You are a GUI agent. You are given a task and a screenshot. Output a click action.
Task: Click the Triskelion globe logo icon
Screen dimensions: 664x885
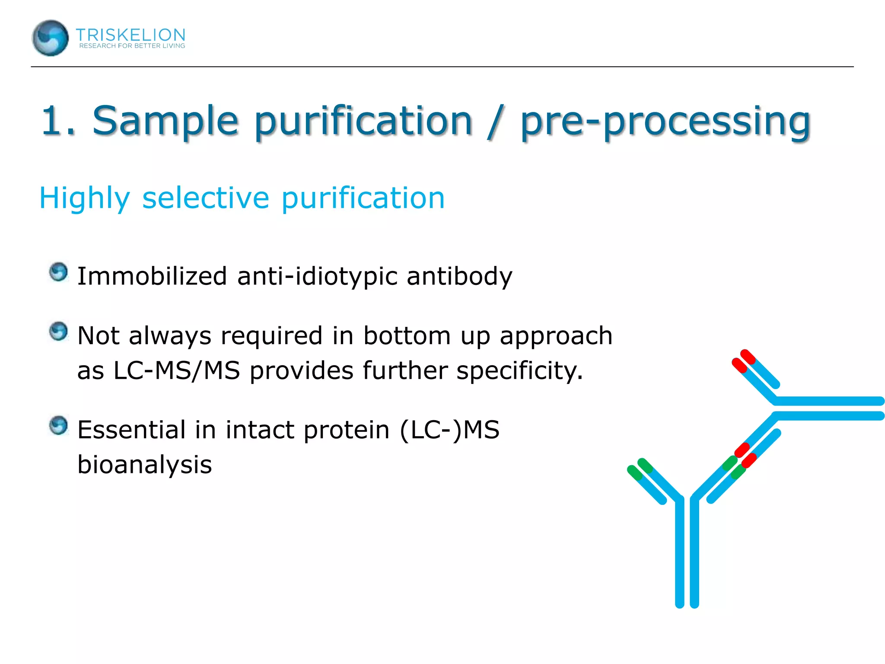(50, 38)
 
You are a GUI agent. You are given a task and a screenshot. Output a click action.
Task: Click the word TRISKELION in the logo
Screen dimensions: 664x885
(131, 35)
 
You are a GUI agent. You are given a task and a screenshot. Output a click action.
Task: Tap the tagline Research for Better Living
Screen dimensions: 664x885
(132, 46)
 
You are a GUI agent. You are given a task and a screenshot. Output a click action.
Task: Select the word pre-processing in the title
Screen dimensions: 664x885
(665, 122)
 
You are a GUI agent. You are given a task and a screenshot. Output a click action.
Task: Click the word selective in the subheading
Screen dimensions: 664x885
(206, 198)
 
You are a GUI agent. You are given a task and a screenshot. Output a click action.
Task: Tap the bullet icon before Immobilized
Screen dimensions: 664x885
(58, 272)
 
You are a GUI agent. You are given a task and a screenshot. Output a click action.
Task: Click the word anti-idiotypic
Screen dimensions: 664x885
(317, 277)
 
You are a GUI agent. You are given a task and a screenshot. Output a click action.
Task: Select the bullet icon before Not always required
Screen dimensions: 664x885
(58, 332)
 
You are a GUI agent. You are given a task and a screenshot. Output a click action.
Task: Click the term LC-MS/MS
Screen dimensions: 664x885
(176, 370)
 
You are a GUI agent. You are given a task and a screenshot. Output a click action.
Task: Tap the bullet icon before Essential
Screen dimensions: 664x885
(58, 425)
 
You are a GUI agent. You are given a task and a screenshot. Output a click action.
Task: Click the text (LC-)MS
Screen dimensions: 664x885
(449, 430)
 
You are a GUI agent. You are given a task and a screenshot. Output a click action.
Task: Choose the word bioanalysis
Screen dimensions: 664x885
(144, 465)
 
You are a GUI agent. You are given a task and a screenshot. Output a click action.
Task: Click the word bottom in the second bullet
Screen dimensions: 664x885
(407, 336)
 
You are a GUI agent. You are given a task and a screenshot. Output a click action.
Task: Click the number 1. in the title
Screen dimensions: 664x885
(58, 121)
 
